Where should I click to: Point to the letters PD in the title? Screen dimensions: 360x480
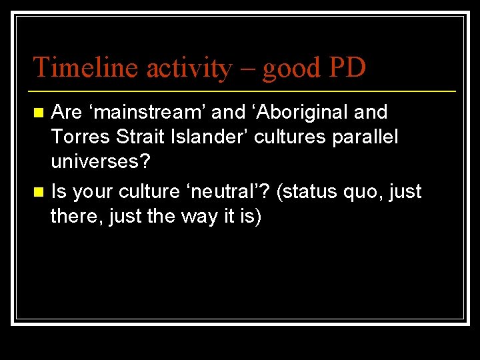(346, 67)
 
